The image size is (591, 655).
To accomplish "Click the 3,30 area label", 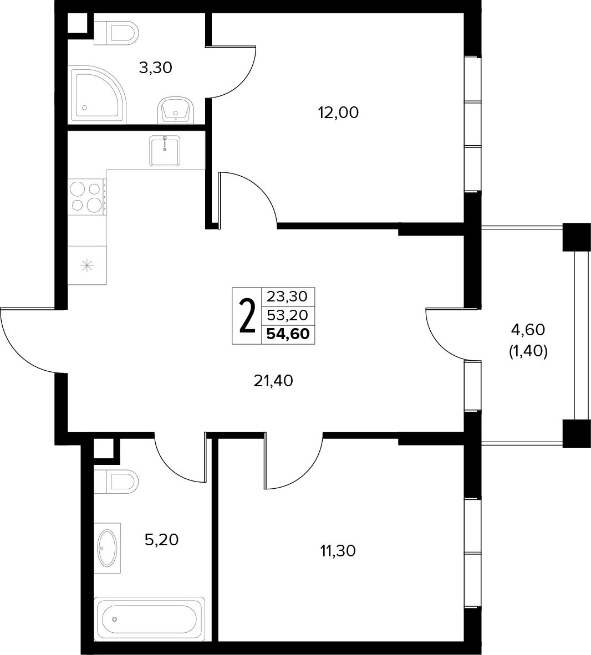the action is coord(155,68).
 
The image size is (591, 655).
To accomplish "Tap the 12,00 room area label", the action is coord(339,113).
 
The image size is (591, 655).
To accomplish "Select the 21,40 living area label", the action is coord(273,381).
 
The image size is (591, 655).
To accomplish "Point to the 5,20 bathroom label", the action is coord(161,540).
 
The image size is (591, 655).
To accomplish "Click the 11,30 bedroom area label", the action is coord(338,551).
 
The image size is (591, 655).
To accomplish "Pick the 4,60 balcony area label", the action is coord(528,330).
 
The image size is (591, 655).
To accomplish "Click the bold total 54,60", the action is coord(288,334).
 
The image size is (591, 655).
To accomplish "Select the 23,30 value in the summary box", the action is coord(287,296).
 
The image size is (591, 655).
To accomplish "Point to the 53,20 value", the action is coord(287,315).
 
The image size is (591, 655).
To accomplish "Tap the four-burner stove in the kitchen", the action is coord(87,196).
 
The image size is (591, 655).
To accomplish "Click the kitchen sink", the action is coord(165,151).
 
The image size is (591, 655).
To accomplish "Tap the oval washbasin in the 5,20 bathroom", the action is coord(107,548).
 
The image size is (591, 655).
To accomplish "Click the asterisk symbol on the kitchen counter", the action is coord(86,265).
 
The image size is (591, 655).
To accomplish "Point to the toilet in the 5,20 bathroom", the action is coord(116,481).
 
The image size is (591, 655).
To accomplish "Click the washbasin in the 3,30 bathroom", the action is coord(176,111).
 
